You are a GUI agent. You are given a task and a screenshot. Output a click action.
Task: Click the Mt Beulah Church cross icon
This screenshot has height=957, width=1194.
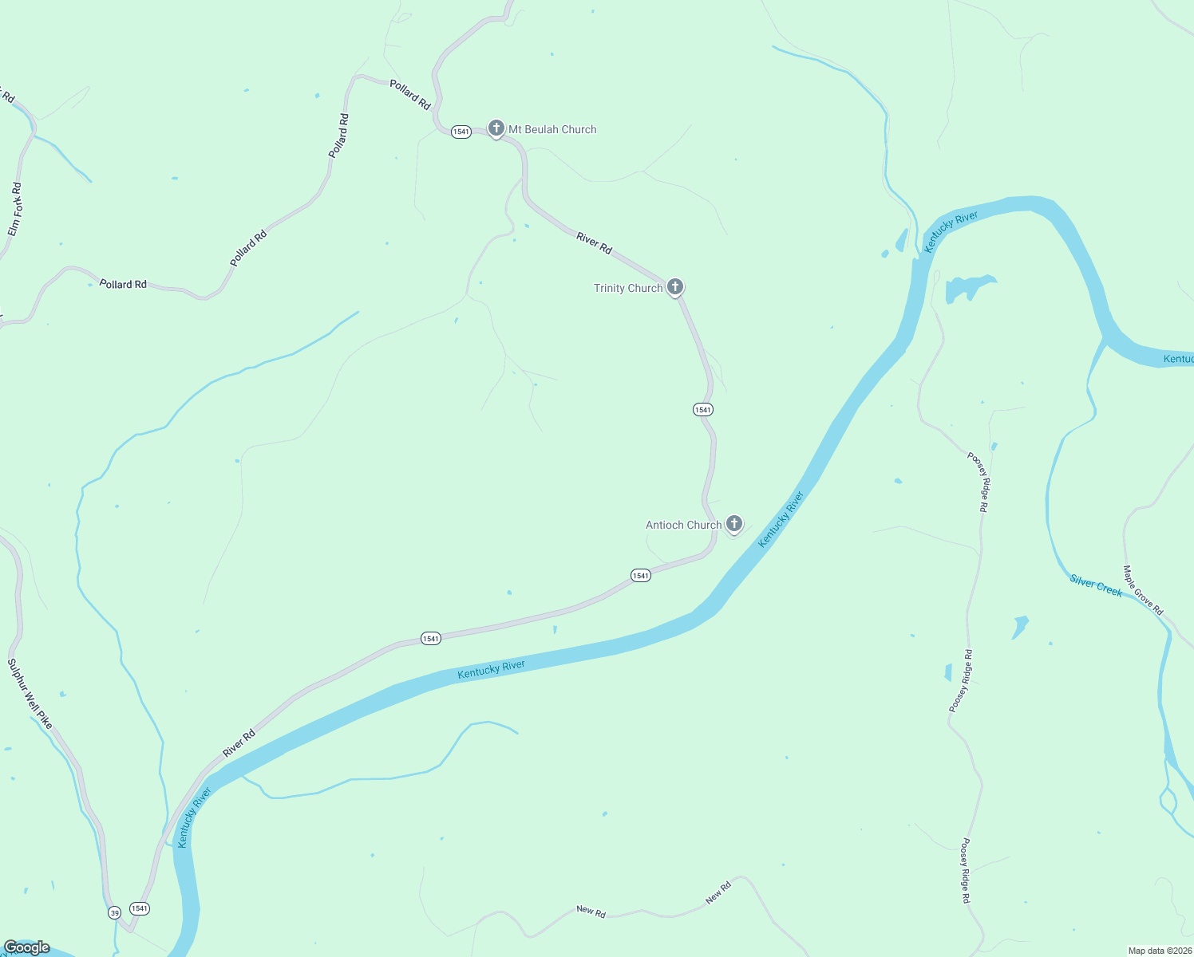pos(496,128)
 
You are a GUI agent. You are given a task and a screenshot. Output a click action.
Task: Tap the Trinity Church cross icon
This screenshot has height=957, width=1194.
pos(675,287)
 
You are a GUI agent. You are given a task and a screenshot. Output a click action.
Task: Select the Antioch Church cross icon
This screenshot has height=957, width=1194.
pos(734,524)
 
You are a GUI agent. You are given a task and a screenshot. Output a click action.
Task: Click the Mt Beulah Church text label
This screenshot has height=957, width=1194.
pos(552,129)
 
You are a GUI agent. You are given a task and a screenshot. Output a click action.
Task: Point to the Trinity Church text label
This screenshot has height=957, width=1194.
pos(628,288)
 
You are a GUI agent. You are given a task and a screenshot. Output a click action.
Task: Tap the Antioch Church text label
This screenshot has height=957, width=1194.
pos(683,525)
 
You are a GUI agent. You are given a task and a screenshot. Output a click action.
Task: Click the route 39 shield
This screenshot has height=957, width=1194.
pos(115,912)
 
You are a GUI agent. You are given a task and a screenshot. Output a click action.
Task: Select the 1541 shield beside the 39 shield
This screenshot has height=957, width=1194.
pos(140,908)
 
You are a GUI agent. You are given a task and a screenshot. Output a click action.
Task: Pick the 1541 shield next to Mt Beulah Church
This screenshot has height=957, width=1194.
pos(461,132)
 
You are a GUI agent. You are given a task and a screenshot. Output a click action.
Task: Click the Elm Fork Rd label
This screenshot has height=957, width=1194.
pos(15,210)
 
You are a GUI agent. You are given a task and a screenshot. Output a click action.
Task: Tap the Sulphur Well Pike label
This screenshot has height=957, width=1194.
pos(30,694)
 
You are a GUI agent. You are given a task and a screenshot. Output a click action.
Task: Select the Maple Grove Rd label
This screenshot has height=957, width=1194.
pos(1143,590)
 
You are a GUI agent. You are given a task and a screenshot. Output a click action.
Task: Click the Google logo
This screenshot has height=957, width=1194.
pos(28,947)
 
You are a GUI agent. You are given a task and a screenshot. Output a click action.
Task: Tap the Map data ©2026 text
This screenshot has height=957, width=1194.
pos(1159,951)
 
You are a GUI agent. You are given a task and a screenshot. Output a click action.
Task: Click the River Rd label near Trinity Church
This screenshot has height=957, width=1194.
pos(594,243)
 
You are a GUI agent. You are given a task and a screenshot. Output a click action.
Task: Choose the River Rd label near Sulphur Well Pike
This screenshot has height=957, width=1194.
pos(239,743)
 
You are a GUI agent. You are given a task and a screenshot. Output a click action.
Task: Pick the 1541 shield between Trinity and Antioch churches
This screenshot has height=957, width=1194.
pos(702,409)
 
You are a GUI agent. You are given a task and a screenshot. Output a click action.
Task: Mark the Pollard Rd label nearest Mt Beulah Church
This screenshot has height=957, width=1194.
pos(410,94)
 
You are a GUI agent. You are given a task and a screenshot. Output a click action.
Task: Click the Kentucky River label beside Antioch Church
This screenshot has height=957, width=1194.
pos(781,519)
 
